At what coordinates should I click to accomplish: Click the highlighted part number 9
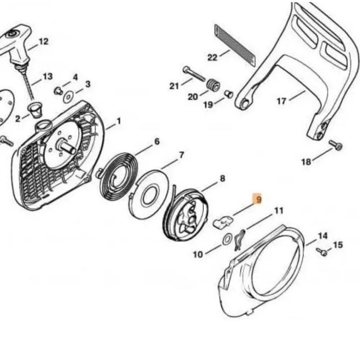coord(257,199)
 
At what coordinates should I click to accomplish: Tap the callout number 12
coord(43,41)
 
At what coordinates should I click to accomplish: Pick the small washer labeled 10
coord(226,240)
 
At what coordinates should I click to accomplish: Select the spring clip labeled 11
coord(240,239)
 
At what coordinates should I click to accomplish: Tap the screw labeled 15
coord(322,252)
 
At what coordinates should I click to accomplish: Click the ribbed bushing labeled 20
coord(213,85)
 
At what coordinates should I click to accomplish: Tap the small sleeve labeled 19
coord(229,93)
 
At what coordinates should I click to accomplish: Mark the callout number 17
coord(281,101)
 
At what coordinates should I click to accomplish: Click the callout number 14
coord(322,236)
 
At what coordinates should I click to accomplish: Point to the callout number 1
coord(119,121)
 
